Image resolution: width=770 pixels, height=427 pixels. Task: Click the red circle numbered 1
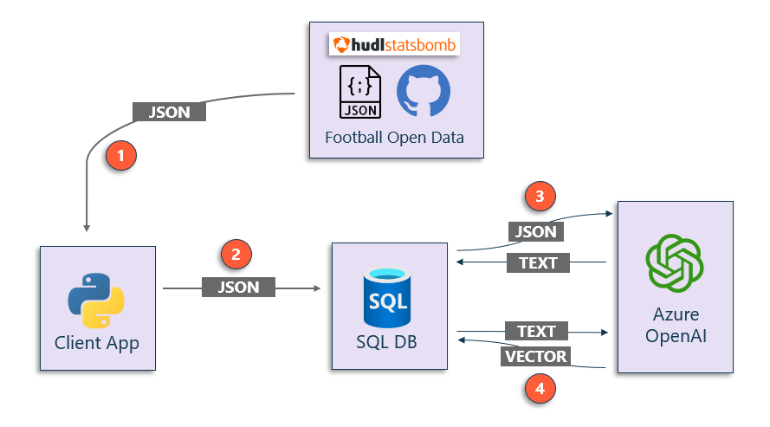pyautogui.click(x=120, y=156)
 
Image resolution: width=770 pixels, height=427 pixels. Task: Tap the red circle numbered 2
pyautogui.click(x=236, y=254)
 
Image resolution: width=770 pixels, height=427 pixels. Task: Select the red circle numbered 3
pyautogui.click(x=540, y=197)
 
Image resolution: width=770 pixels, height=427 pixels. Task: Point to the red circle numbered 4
pyautogui.click(x=540, y=389)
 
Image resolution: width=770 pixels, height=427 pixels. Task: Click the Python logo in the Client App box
pyautogui.click(x=96, y=299)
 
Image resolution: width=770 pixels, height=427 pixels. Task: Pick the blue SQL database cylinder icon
pyautogui.click(x=386, y=294)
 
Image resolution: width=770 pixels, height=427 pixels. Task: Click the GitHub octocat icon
pyautogui.click(x=423, y=92)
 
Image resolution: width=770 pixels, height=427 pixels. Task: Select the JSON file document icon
pyautogui.click(x=360, y=91)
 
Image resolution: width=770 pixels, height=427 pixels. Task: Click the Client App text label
pyautogui.click(x=96, y=343)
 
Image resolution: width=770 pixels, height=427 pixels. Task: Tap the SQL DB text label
pyautogui.click(x=386, y=342)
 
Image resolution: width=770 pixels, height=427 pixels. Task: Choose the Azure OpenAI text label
pyautogui.click(x=676, y=325)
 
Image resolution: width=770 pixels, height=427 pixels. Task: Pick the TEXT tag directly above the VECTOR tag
pyautogui.click(x=536, y=331)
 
